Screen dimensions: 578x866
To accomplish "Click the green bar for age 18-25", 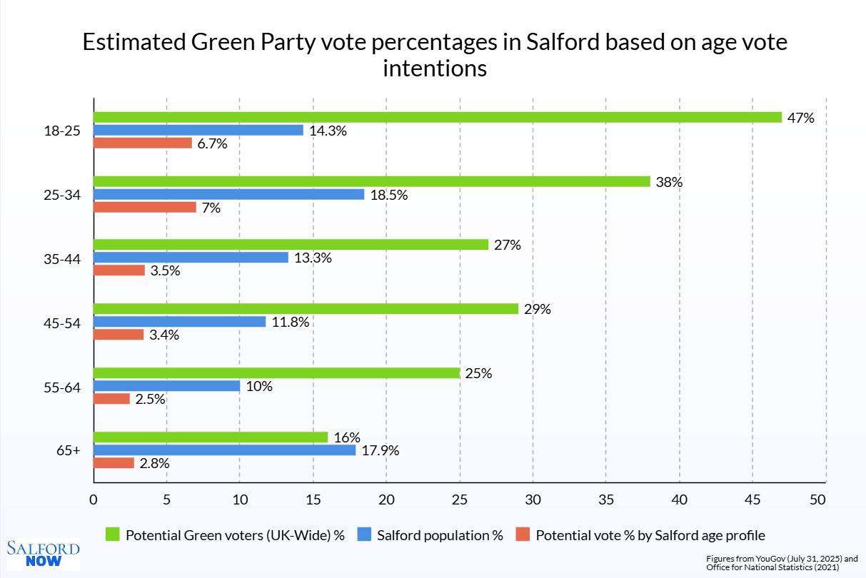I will click(x=438, y=117).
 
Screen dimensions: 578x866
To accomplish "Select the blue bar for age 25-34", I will click(x=228, y=194).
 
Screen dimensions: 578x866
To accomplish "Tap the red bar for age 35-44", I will click(x=119, y=270).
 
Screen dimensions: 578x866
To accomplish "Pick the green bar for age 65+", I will click(x=211, y=437).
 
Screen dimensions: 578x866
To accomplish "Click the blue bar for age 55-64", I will click(x=166, y=386).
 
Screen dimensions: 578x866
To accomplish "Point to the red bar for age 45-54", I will click(x=119, y=335).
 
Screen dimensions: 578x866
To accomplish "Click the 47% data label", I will click(x=800, y=118).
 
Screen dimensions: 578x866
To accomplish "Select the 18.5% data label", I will click(x=389, y=195).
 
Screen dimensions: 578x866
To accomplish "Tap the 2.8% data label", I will click(x=154, y=463).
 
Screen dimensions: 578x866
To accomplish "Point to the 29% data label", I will click(x=538, y=309).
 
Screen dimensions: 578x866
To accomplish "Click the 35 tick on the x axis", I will click(x=605, y=500).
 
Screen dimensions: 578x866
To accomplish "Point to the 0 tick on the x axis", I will click(x=94, y=500).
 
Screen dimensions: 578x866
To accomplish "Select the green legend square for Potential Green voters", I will click(x=113, y=534).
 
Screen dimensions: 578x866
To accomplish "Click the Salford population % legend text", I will click(x=440, y=535).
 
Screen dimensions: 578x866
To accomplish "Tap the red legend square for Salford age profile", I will click(x=523, y=534).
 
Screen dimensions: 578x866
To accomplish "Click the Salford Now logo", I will click(x=43, y=554).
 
